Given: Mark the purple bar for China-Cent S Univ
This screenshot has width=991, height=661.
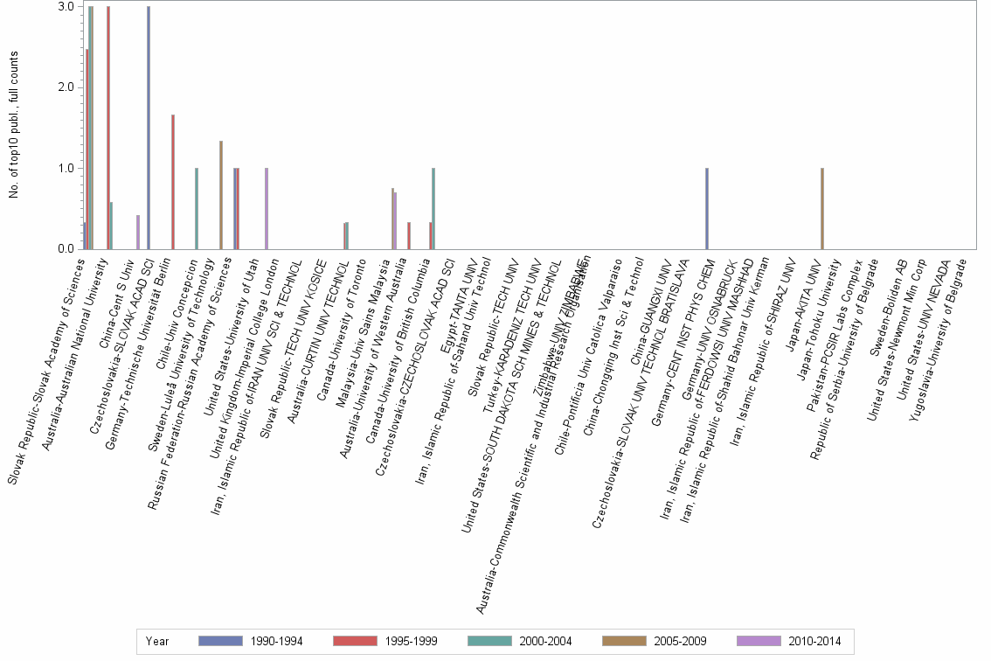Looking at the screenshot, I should [x=138, y=232].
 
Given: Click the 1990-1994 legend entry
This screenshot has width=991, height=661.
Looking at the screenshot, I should [x=251, y=641].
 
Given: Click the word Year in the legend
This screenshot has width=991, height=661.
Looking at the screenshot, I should [x=157, y=641].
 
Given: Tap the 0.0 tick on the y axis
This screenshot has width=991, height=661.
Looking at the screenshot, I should [x=66, y=249].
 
